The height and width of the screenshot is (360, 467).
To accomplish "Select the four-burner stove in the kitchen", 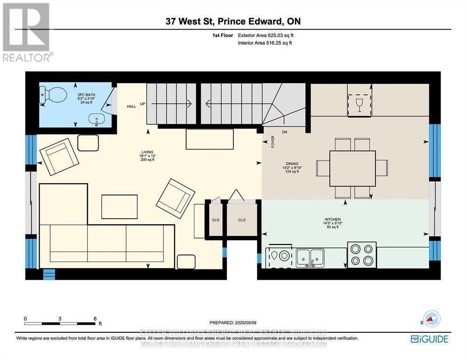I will (x=361, y=255).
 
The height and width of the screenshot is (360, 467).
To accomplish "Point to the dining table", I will (x=352, y=168).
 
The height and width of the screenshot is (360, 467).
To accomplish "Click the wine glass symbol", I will (x=359, y=104).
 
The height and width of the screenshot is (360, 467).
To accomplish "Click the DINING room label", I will (x=292, y=163).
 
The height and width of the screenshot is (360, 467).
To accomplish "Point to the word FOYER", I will (x=273, y=142).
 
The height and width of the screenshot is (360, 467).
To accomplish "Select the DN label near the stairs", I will (x=284, y=132).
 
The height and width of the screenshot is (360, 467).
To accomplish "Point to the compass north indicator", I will (x=431, y=318).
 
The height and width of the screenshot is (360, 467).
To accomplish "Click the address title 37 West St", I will (x=233, y=21).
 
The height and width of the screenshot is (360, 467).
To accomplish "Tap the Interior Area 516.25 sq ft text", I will (x=265, y=43).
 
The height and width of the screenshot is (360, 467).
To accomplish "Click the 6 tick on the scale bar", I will (x=94, y=318).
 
